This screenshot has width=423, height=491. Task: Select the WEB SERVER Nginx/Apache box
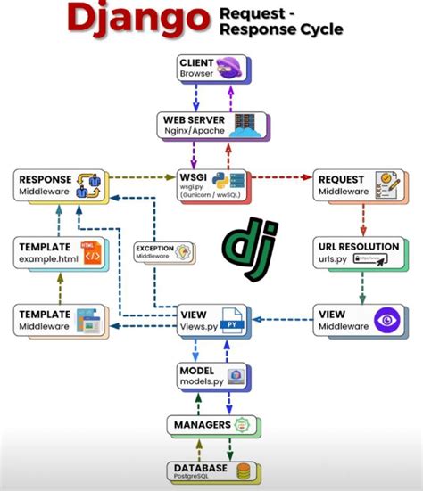click(x=211, y=124)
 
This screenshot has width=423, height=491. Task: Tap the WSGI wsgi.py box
click(x=211, y=184)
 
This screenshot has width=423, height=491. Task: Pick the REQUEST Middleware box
click(x=352, y=185)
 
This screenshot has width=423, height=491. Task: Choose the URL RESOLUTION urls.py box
click(x=352, y=251)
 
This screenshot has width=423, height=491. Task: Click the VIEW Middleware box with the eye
click(x=352, y=321)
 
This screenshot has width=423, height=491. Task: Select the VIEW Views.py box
click(x=211, y=321)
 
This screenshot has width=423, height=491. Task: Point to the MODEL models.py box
click(x=211, y=374)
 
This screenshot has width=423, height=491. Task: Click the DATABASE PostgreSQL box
click(x=211, y=473)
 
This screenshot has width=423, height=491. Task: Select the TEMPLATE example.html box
click(x=58, y=251)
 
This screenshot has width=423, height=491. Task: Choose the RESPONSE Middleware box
click(x=58, y=185)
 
